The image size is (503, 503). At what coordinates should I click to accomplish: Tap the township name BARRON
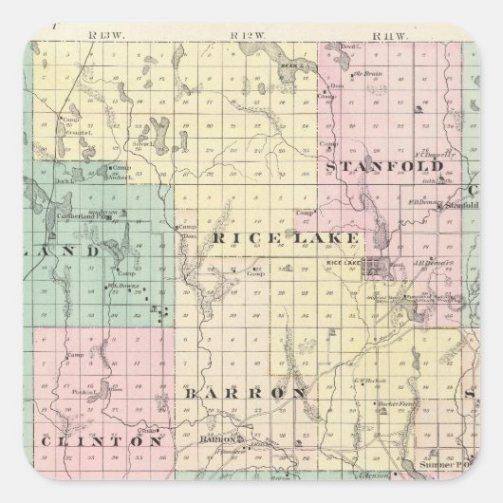coord(245,392)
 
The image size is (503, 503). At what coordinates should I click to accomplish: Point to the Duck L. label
coord(65,177)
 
